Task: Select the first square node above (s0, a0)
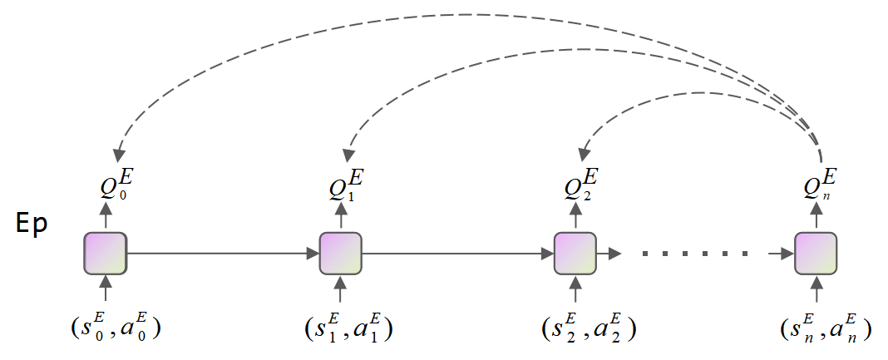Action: point(105,253)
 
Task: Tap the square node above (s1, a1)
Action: point(340,253)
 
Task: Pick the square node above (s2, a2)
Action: point(575,253)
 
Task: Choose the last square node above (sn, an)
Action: point(815,253)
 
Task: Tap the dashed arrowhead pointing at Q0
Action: point(118,155)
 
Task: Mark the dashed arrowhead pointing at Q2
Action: point(584,154)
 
